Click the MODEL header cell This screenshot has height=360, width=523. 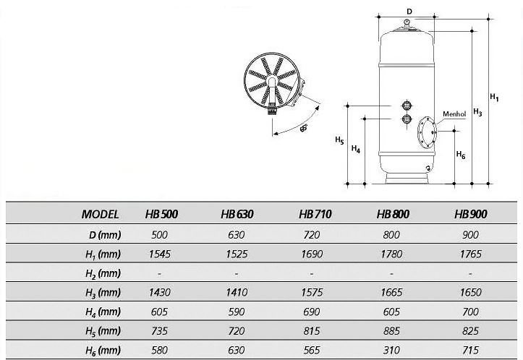(101, 215)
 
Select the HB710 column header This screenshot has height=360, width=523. (315, 215)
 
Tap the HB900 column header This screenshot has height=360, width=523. (470, 215)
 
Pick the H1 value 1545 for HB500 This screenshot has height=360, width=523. (160, 254)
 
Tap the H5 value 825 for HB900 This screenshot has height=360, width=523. (470, 331)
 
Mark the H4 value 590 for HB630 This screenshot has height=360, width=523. (237, 312)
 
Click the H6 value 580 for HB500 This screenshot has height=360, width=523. (160, 351)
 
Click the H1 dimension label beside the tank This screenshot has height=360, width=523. (494, 96)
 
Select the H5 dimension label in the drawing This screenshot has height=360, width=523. (339, 140)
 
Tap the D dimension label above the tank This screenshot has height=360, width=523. (409, 12)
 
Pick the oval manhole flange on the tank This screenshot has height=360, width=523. (426, 134)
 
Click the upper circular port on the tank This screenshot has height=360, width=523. (406, 105)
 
